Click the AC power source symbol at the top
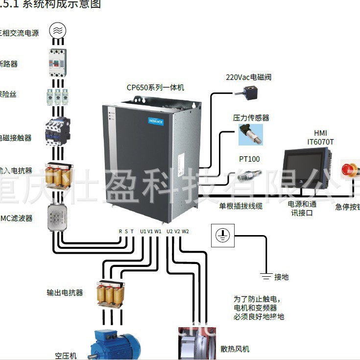coord(58,31)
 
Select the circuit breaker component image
coord(58,61)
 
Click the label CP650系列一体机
coord(155,88)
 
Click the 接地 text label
coord(281,277)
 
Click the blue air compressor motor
coord(114,345)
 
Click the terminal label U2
coord(169,231)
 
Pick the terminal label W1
coord(158,231)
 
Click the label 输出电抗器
coord(65,293)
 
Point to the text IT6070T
coord(320,142)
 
